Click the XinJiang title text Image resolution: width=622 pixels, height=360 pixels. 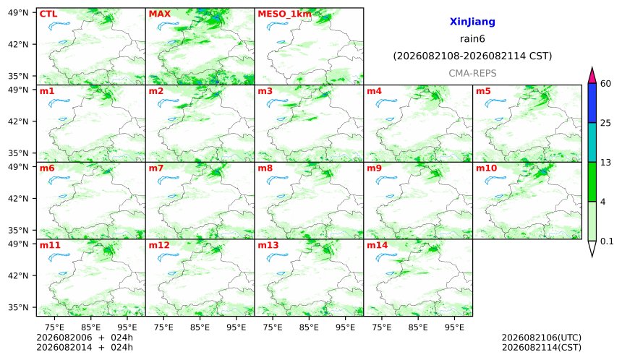point(472,22)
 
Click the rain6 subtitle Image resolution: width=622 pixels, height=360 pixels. point(472,39)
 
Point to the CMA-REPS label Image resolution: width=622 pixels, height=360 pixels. point(472,73)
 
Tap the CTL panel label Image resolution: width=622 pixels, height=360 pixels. point(48,14)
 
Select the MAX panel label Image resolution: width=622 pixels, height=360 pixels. point(159,14)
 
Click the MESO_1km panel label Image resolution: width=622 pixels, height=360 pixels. point(284,14)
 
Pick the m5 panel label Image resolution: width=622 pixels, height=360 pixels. point(483,91)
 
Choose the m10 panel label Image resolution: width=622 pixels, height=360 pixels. point(486,168)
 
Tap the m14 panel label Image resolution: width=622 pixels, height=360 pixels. point(377,245)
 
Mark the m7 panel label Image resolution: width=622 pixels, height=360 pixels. point(156,168)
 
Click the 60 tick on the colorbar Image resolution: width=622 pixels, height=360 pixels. point(606,84)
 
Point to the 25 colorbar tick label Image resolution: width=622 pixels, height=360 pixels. point(606,123)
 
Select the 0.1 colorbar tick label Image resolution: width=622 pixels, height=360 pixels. point(607,241)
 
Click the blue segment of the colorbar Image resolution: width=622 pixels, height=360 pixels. point(592,103)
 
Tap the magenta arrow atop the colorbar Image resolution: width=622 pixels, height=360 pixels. point(592,76)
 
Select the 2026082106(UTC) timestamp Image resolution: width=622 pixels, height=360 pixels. point(542,338)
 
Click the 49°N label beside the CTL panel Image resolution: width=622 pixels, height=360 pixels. point(18,13)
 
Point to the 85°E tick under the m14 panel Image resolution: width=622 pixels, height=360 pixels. point(418,327)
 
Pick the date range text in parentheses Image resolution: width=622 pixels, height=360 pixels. point(472,56)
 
